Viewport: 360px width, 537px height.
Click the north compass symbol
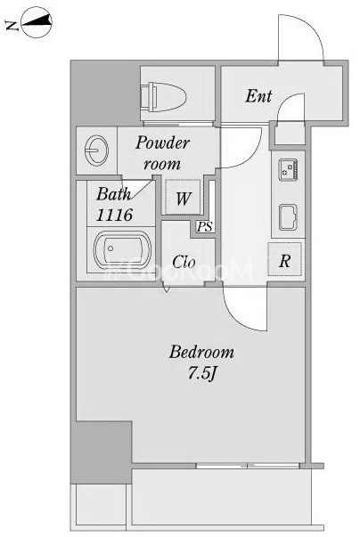pos(37,23)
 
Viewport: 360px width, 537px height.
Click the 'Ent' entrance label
pos(258,96)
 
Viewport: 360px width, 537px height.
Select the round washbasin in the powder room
pos(96,150)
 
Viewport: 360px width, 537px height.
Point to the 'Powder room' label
pos(162,153)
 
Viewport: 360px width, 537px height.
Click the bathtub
pos(122,250)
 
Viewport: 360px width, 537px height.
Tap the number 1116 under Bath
pos(114,216)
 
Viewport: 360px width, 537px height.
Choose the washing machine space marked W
pos(183,198)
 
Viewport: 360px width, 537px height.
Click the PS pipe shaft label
pos(205,227)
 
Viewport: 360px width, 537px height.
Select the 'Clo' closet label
pos(184,262)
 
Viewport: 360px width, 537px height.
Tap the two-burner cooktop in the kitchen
pos(289,169)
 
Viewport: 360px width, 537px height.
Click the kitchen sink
pos(288,217)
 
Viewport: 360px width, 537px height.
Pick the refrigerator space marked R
pos(284,260)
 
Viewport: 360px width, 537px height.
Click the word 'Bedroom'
pos(201,352)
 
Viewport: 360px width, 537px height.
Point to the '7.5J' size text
pos(201,373)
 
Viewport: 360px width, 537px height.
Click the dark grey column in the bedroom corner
pos(102,452)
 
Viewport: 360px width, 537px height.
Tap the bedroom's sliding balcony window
pos(248,466)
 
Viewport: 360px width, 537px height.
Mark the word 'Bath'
pos(113,194)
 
